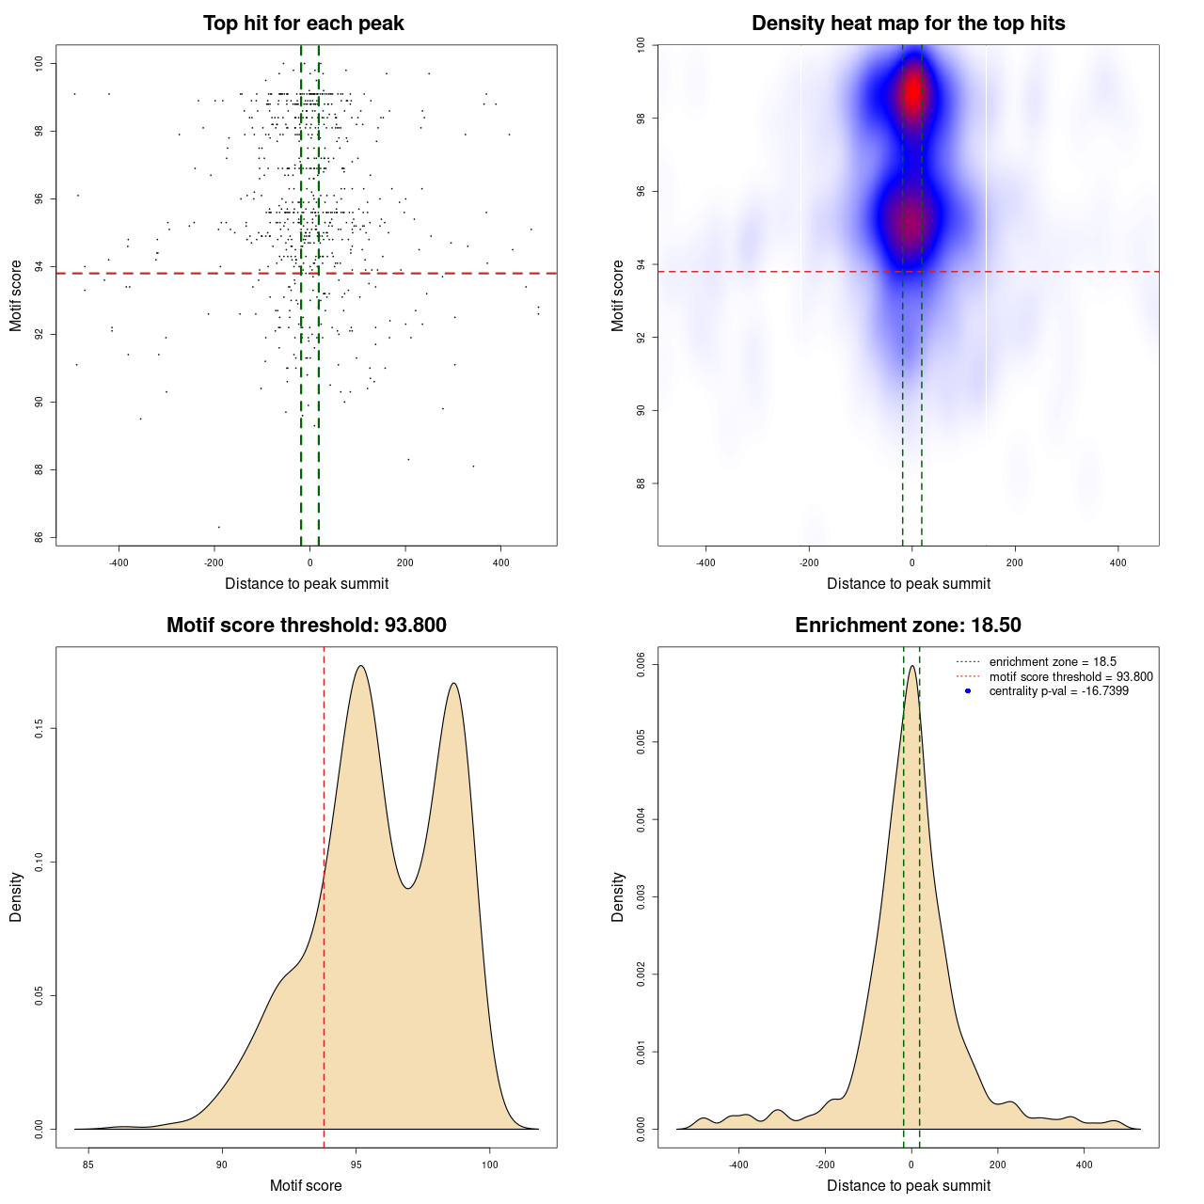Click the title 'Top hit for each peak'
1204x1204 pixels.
tap(303, 24)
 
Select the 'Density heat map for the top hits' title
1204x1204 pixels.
tap(908, 24)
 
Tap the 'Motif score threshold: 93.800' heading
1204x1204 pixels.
tap(306, 626)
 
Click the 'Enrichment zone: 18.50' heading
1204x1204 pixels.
tap(908, 626)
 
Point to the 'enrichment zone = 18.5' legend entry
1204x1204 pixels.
tap(1052, 662)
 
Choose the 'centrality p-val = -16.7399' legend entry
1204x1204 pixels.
tap(1058, 691)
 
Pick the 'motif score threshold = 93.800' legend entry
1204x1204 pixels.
tap(1070, 676)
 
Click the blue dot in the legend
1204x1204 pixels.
tap(968, 691)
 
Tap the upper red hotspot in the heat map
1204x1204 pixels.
tap(911, 93)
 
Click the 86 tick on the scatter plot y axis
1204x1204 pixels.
tap(39, 537)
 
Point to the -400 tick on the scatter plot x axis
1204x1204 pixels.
tap(119, 562)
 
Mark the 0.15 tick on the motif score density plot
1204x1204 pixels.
tap(39, 728)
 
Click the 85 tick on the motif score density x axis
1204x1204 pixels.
tap(88, 1164)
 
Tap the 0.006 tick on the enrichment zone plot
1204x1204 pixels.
tap(641, 665)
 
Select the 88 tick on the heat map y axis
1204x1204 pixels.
tap(641, 483)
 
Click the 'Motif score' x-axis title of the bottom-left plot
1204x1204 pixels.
tap(306, 1185)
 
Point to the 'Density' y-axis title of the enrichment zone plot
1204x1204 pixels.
tap(618, 896)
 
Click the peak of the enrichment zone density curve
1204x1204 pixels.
tap(911, 666)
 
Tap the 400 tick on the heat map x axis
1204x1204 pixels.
tap(1117, 562)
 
